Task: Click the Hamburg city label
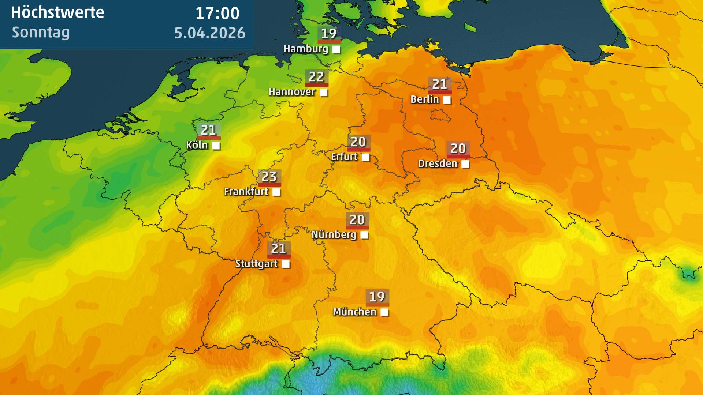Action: coord(306,49)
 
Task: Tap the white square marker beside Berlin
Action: coord(447,99)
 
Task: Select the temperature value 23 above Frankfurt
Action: coord(269,177)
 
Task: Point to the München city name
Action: coord(354,312)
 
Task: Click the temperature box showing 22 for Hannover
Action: coord(316,77)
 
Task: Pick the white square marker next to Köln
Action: coord(216,146)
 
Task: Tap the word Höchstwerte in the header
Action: coord(57,13)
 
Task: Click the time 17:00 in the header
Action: coord(217,14)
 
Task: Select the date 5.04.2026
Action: coord(209,33)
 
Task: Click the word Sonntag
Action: coord(41,33)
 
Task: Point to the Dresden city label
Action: coord(438,163)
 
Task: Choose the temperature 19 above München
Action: coord(377,297)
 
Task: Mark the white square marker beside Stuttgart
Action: coord(286,264)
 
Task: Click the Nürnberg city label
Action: coord(334,234)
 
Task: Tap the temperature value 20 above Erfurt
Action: coord(358,142)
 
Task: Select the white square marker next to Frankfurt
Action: coord(276,192)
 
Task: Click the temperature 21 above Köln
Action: coord(208,130)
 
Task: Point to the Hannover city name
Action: coord(292,92)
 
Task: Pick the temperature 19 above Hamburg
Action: coord(328,34)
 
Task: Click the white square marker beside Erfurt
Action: coord(365,157)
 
